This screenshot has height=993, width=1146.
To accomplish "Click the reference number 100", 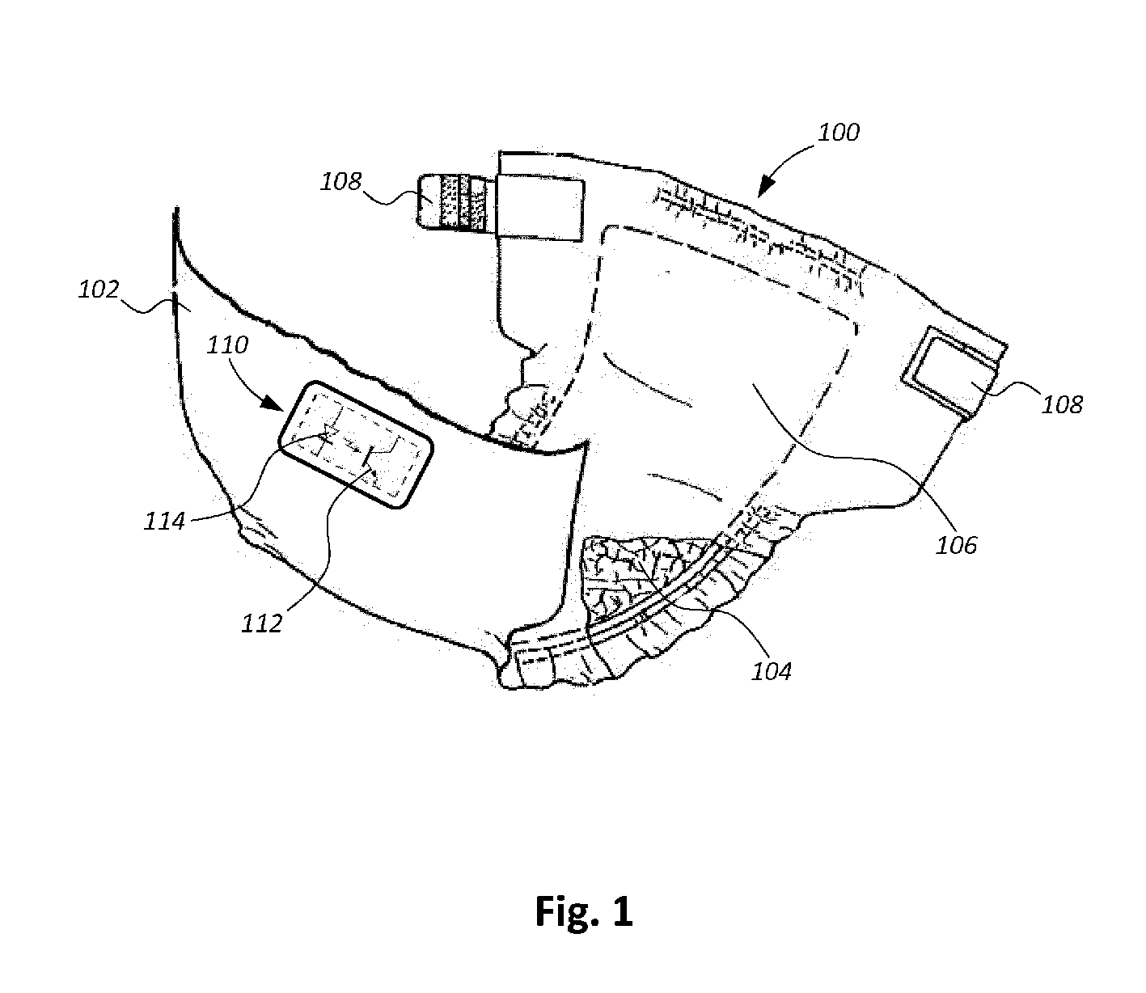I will [839, 133].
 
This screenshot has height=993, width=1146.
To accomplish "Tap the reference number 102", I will [99, 289].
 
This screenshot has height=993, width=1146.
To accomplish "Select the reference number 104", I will [772, 670].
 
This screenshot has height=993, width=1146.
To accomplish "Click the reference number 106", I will [957, 544].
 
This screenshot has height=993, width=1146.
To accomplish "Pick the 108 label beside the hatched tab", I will [341, 180].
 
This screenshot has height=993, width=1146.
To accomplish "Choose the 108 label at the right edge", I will [1063, 404].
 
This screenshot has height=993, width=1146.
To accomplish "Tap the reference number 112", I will [261, 622].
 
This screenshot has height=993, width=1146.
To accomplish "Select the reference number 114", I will [165, 520].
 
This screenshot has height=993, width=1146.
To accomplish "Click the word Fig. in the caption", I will [565, 911].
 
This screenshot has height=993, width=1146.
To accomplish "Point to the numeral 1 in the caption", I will [621, 911].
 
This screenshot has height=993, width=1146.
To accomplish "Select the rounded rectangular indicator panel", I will [356, 446].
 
